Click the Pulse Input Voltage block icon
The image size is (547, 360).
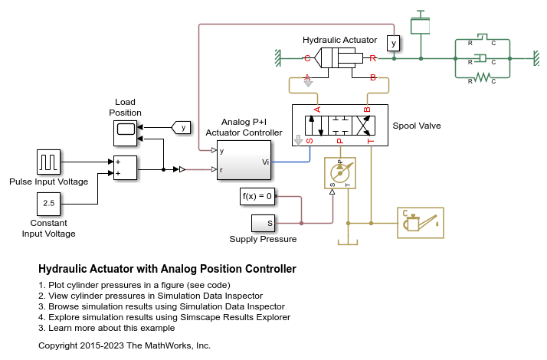tap(48, 162)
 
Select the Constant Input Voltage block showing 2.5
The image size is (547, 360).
tap(48, 204)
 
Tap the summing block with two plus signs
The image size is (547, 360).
tap(125, 169)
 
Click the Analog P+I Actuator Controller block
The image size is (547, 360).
tap(244, 161)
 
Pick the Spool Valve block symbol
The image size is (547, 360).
tap(339, 125)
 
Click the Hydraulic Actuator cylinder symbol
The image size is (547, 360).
tap(339, 58)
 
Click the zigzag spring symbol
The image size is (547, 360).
tap(482, 77)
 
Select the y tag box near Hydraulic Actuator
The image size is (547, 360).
tap(393, 43)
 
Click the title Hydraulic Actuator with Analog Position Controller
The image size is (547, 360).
tap(167, 270)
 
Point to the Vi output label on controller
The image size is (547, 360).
tap(265, 162)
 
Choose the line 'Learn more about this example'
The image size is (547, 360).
tap(106, 328)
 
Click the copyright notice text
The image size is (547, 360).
tap(124, 346)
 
